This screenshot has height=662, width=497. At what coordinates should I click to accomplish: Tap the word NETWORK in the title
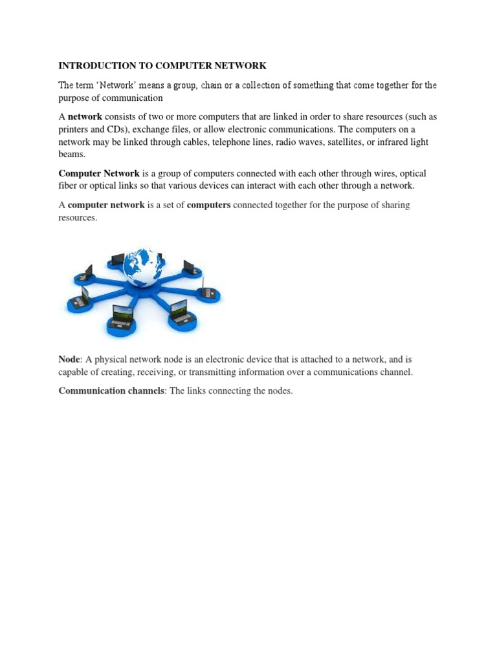tap(241, 65)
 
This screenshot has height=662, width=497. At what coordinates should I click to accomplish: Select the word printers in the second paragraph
tap(73, 129)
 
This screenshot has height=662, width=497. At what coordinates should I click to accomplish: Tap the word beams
tap(71, 154)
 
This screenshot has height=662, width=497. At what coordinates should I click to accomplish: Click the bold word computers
tap(208, 205)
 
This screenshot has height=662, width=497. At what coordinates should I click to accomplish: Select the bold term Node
tap(69, 359)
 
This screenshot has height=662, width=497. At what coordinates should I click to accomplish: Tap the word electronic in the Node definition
tap(232, 359)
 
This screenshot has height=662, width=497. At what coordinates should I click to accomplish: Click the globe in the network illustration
tap(142, 266)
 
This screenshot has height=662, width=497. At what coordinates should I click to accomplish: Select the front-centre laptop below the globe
tap(122, 316)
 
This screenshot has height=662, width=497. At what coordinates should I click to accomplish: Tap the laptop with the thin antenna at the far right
tap(208, 291)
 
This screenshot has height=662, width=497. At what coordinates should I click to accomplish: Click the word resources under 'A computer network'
tap(77, 218)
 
